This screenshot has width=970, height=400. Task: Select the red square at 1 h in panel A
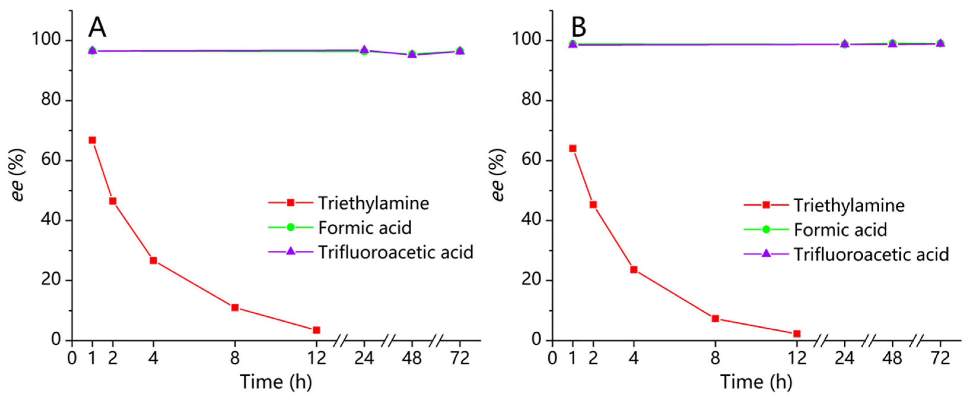pos(92,140)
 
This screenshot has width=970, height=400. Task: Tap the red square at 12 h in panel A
pos(316,330)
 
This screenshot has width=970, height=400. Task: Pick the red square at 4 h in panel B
pos(634,270)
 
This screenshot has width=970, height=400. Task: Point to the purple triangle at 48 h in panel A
pos(412,54)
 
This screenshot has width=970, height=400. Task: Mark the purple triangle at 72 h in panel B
pos(940,43)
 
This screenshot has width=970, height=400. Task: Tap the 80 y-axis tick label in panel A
pos(51,100)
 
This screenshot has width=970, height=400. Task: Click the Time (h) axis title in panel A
pos(276,382)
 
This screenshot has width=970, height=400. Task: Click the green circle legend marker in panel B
pos(766,229)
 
